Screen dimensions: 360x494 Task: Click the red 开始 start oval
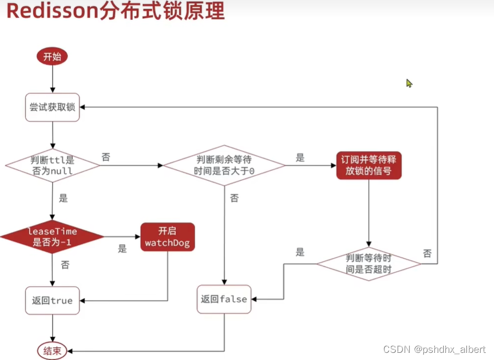[x=52, y=56]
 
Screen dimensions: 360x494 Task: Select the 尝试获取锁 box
[x=52, y=108]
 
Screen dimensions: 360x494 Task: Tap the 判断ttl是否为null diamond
[x=52, y=165]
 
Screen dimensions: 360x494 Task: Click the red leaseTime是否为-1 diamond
[x=52, y=237]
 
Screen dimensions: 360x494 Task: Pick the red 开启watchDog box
[x=167, y=237]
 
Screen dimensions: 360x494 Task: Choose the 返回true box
[x=52, y=300]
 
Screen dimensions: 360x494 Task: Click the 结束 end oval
[x=52, y=350]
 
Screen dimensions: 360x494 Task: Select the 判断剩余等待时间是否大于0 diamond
[x=224, y=165]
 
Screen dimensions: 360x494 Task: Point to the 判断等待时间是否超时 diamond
[x=368, y=263]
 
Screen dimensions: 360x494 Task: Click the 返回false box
[x=224, y=299]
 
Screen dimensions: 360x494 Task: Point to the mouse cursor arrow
[x=409, y=83]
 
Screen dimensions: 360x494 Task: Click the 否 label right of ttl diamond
[x=105, y=157]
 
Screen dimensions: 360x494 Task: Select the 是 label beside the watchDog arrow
[x=122, y=249]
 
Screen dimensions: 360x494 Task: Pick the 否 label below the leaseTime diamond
[x=65, y=265]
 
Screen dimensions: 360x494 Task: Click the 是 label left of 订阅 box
[x=300, y=158]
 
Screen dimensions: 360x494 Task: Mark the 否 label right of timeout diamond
[x=427, y=254]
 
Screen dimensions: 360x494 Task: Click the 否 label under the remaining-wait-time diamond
[x=234, y=198]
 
